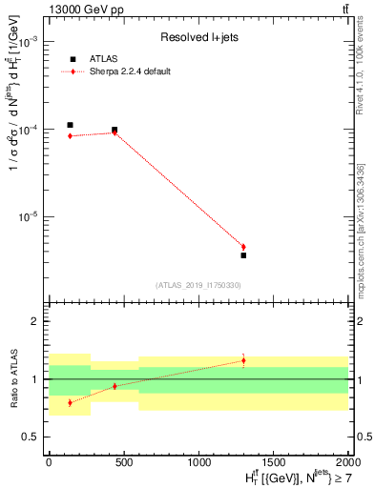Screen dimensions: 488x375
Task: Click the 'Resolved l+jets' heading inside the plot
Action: (x=197, y=38)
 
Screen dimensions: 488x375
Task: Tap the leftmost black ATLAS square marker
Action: (x=70, y=125)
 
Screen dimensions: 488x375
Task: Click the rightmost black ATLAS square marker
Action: (x=243, y=254)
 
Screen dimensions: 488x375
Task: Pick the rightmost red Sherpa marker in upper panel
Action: (x=243, y=247)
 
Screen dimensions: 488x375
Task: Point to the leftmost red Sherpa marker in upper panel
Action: (x=70, y=136)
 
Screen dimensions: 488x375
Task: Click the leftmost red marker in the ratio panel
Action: (x=70, y=402)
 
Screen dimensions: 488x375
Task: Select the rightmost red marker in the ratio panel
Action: (x=243, y=360)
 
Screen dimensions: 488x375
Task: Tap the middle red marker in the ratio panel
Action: (x=115, y=386)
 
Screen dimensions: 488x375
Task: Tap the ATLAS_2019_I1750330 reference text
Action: (x=198, y=285)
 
